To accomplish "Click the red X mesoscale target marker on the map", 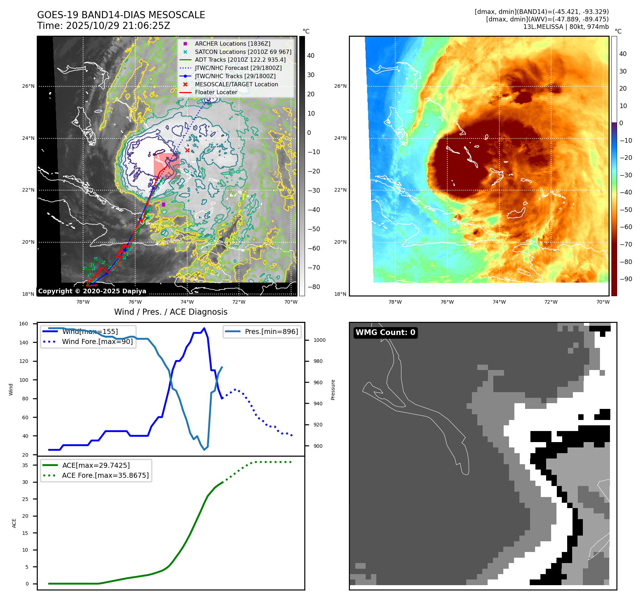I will point(187,150).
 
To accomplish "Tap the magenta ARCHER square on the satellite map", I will point(163,204).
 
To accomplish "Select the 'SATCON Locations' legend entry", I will point(243,52).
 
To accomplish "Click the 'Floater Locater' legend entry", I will point(216,92).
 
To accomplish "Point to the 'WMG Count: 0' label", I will point(385,333).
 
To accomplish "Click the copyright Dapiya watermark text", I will point(92,291).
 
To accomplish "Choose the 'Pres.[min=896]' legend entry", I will point(271,331).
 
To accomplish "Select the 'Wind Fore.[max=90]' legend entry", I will point(97,341).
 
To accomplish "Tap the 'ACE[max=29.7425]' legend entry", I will point(96,465).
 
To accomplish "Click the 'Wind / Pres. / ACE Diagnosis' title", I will point(171,312).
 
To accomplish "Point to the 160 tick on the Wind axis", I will point(24,324).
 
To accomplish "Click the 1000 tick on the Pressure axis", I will point(319,340).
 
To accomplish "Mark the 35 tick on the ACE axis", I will point(25,465).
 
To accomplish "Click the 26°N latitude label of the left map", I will point(28,86).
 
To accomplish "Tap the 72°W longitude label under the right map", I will point(551,302).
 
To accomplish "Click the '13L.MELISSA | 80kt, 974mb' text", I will point(566,27).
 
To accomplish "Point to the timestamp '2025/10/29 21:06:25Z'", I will point(118,26).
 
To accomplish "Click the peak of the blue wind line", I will point(204,328).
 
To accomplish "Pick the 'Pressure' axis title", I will point(333,390).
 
